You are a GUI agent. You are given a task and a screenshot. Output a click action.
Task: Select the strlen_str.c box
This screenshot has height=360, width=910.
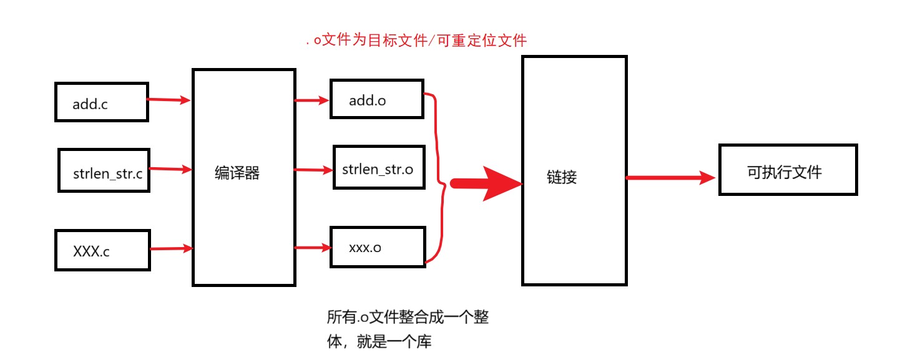(104, 170)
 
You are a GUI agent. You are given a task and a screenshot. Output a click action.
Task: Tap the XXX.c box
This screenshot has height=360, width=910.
(102, 250)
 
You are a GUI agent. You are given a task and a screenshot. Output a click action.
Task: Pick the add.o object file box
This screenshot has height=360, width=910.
(377, 99)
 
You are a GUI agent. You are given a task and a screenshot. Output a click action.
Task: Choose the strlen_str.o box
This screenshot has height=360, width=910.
(378, 168)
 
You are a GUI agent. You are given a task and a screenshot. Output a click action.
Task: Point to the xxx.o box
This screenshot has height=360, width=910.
(378, 247)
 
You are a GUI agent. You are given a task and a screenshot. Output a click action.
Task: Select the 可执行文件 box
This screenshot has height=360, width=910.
(788, 170)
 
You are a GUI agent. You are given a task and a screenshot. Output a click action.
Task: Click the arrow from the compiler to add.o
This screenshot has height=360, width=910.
(312, 100)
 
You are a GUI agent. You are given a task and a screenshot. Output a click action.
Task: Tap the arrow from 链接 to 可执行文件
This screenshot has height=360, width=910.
(670, 178)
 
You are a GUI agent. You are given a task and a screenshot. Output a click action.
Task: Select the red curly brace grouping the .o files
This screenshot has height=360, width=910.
(438, 178)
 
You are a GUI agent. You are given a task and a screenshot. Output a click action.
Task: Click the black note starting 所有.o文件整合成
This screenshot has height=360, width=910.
(407, 329)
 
